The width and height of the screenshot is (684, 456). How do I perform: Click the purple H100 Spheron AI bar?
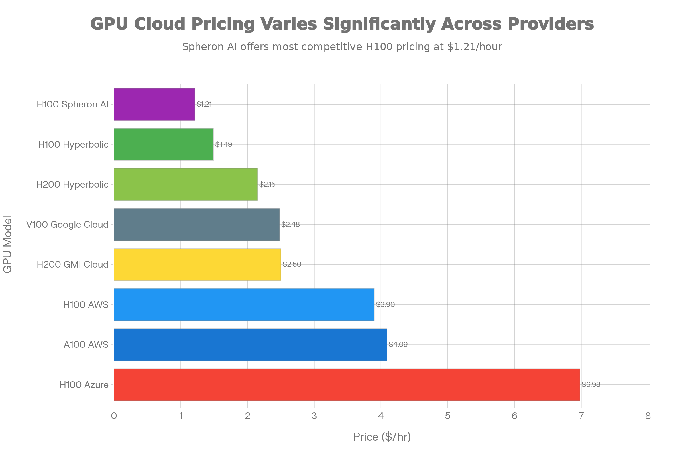point(154,104)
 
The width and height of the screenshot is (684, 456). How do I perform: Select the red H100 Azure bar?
point(347,384)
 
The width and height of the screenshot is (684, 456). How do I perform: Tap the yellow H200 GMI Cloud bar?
point(198,264)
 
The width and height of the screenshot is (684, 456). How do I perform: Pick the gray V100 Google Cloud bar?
point(197,224)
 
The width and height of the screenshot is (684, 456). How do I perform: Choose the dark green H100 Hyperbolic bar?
point(164,144)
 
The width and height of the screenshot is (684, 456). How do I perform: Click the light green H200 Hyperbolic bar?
point(186,184)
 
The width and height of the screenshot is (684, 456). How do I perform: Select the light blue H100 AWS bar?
point(244,304)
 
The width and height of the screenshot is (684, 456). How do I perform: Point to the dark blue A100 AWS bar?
point(251,345)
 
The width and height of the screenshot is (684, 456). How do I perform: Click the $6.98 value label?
point(591,384)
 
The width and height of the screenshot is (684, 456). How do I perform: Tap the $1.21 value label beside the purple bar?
point(204,104)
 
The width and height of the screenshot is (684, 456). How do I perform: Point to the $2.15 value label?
point(267,184)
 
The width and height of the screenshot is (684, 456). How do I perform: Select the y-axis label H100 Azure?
point(84,385)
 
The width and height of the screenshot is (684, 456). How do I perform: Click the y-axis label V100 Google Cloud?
point(67,225)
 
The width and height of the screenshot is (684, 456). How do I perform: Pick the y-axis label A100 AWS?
point(86,345)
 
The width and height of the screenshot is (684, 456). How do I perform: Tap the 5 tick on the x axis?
point(447,416)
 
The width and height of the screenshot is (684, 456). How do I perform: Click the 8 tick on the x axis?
point(648,416)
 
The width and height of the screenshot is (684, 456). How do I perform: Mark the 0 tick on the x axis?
point(114,416)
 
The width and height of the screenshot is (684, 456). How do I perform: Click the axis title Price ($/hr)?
point(382,437)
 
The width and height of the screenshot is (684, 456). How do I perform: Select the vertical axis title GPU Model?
point(8,244)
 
